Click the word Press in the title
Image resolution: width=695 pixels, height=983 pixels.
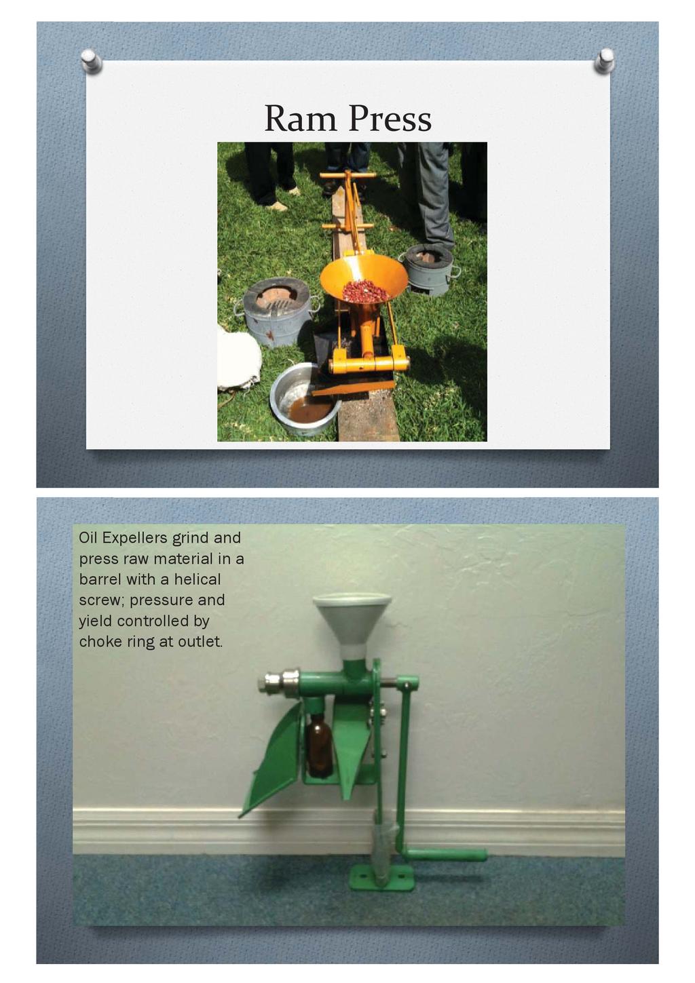coord(390,119)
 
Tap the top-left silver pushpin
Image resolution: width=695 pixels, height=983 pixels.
coord(92,60)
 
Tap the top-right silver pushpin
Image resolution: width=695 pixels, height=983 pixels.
coord(604,60)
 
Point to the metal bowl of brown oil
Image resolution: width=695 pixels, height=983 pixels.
coord(305,400)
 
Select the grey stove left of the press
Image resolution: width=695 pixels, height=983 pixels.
coord(277,311)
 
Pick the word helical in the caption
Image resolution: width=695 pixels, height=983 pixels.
coord(197,579)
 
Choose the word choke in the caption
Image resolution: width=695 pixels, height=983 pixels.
coord(98,642)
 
